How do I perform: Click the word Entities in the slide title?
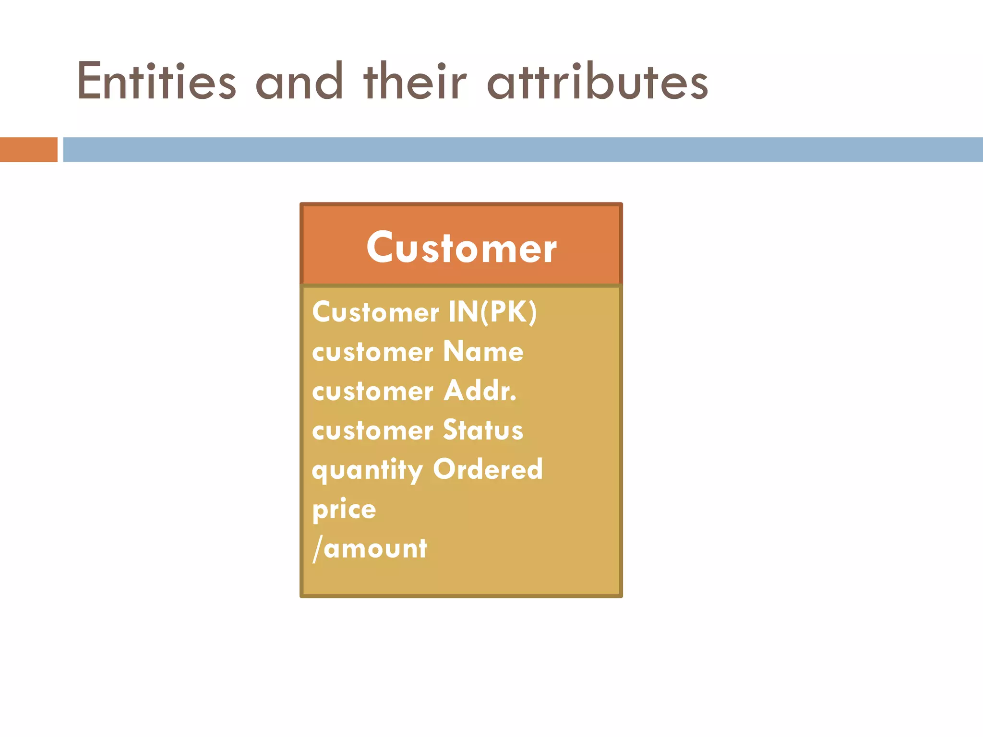(156, 82)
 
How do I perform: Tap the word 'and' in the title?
(299, 82)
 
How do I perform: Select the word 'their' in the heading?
(415, 82)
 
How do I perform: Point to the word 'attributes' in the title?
(598, 82)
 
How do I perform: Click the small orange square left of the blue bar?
(28, 150)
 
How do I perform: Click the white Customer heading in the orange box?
(461, 248)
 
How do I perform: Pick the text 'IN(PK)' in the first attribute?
(492, 312)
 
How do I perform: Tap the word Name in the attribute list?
(483, 352)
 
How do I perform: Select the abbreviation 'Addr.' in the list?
(480, 391)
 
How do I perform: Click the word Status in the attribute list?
(483, 430)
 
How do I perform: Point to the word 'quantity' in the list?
(368, 471)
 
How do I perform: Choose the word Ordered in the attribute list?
(488, 470)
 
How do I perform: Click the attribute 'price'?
(344, 510)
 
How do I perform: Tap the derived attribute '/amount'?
(370, 548)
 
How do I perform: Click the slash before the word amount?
(317, 548)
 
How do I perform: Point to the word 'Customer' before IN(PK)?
(375, 312)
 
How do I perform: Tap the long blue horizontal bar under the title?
(523, 150)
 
